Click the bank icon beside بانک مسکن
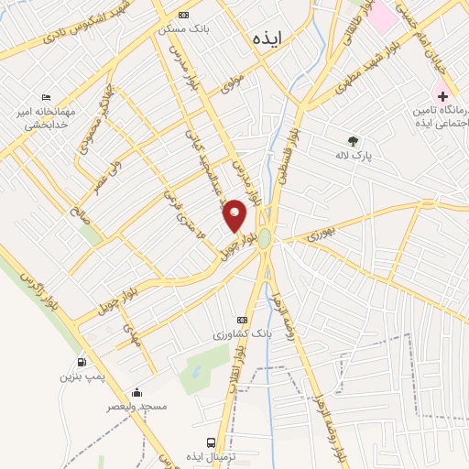coord(183,15)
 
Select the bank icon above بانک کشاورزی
coord(242,319)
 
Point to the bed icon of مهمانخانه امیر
coord(47,98)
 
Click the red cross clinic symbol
coord(442,95)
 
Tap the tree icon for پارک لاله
coord(353,141)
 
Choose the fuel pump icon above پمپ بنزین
coord(83,362)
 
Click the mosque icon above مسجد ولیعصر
coord(137,392)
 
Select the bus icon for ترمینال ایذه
coord(213,442)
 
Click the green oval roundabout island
coord(265,238)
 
